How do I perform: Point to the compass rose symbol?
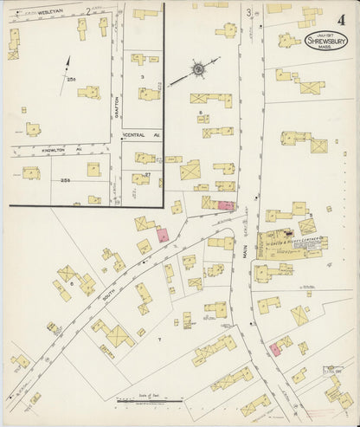tap(198, 67)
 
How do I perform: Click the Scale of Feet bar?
tap(150, 401)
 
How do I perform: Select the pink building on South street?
tap(162, 235)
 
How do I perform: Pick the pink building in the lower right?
tap(274, 348)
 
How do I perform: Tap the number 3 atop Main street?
tap(249, 12)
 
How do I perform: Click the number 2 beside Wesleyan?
tap(88, 10)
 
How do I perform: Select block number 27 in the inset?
tap(148, 174)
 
